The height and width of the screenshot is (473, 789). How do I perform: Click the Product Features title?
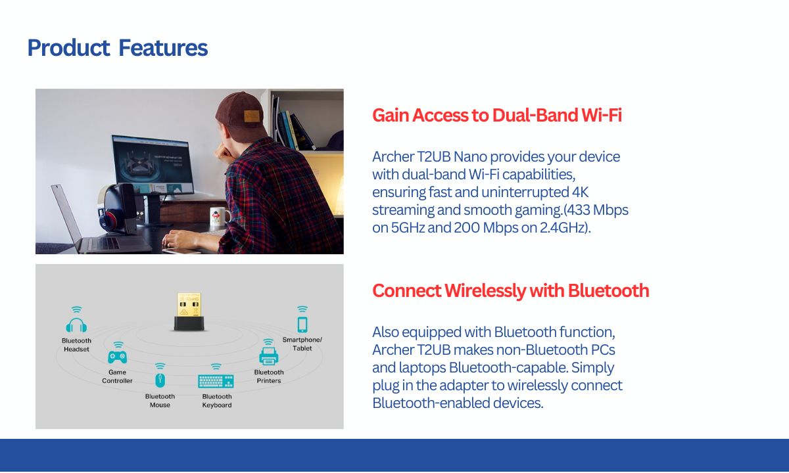coord(118,48)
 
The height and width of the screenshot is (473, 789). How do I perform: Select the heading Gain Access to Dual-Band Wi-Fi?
coord(497,116)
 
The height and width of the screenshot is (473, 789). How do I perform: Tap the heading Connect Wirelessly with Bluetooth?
coord(511,290)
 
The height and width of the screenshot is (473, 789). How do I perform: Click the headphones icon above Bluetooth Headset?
coord(76,325)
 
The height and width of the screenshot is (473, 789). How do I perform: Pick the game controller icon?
coord(117,357)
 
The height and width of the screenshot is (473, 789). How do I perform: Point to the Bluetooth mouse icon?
coord(160,380)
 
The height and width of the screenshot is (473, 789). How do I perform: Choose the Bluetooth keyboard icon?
coord(216,382)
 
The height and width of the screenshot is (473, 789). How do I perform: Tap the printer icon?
coord(269,356)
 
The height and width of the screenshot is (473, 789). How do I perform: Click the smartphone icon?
coord(302,325)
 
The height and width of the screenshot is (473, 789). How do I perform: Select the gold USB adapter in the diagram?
coord(189,312)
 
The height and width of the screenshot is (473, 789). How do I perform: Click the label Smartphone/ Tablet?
coord(302,344)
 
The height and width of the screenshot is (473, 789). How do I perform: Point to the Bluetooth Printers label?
coord(269,376)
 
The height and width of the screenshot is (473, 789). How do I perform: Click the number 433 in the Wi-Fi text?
coord(578,210)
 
